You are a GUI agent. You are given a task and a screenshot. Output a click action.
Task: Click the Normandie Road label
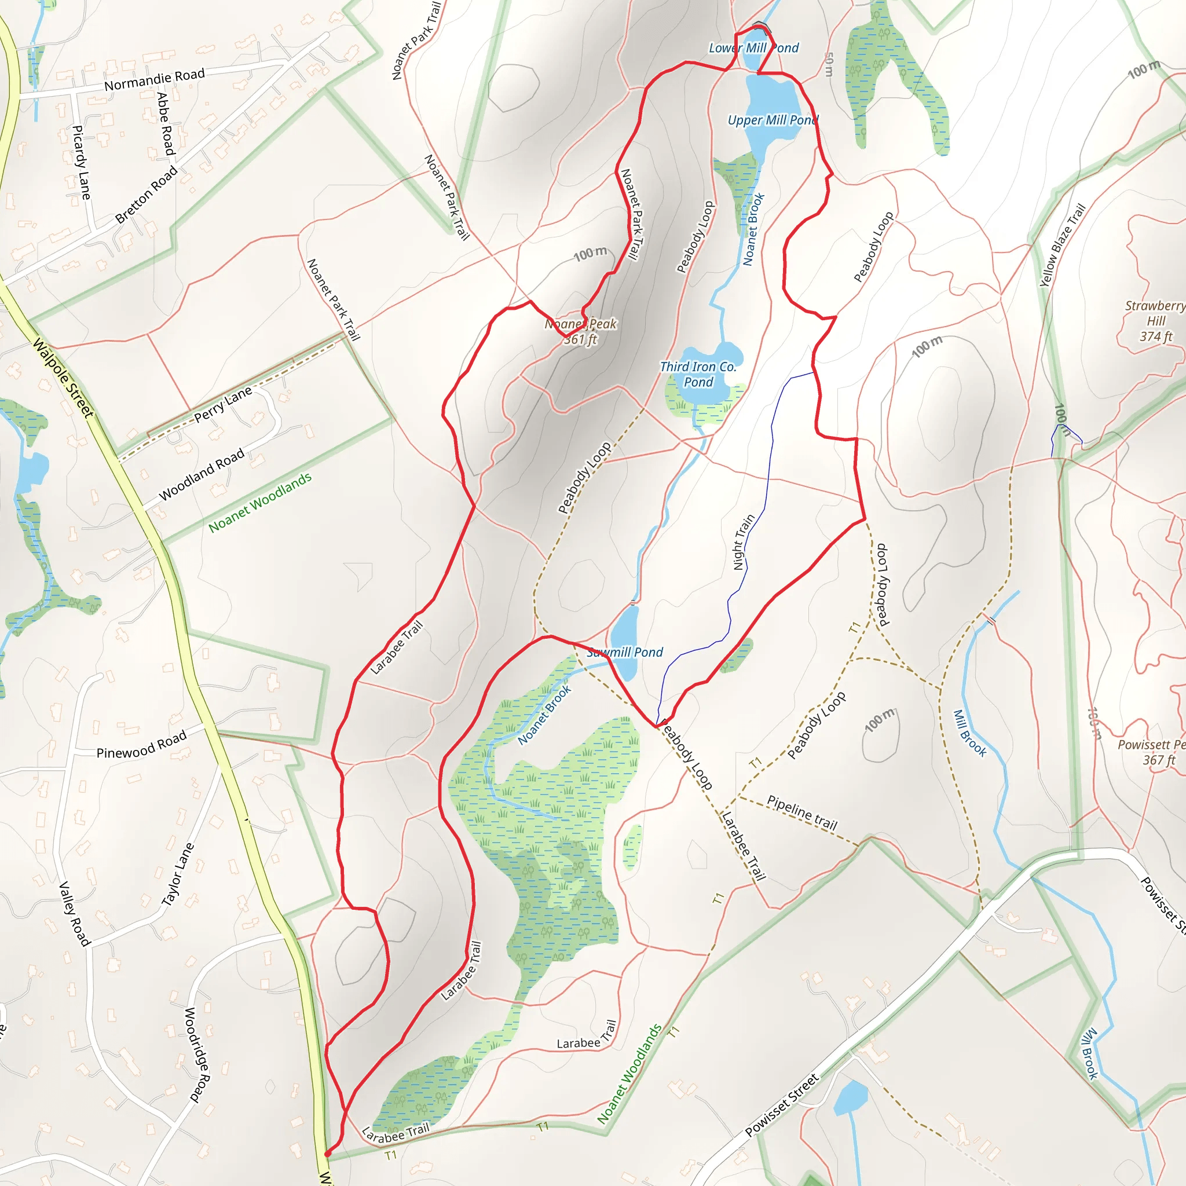154,79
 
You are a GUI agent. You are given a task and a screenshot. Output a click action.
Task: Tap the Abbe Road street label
166,123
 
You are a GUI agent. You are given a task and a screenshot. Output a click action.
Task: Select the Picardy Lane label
81,162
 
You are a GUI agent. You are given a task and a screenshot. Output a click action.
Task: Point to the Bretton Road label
146,195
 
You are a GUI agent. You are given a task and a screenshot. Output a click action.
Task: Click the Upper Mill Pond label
773,120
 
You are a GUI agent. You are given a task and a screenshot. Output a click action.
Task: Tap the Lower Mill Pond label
754,48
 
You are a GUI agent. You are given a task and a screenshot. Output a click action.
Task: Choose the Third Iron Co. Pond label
698,374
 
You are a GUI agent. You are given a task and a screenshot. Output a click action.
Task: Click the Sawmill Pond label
625,653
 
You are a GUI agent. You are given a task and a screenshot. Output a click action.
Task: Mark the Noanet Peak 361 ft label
581,331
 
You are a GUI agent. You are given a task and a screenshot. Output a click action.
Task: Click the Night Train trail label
744,542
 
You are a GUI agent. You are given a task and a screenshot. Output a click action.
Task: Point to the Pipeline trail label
802,812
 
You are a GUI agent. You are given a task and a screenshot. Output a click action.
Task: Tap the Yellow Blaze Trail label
1063,245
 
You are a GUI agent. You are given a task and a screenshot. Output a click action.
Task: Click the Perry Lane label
223,405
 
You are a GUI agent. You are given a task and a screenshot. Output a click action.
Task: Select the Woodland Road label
202,474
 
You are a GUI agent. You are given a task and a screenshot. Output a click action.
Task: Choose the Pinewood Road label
141,745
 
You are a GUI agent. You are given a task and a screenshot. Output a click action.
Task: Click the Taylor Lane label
177,874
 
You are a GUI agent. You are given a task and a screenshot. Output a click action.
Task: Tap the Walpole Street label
63,378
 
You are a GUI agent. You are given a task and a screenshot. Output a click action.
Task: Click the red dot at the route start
327,1154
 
